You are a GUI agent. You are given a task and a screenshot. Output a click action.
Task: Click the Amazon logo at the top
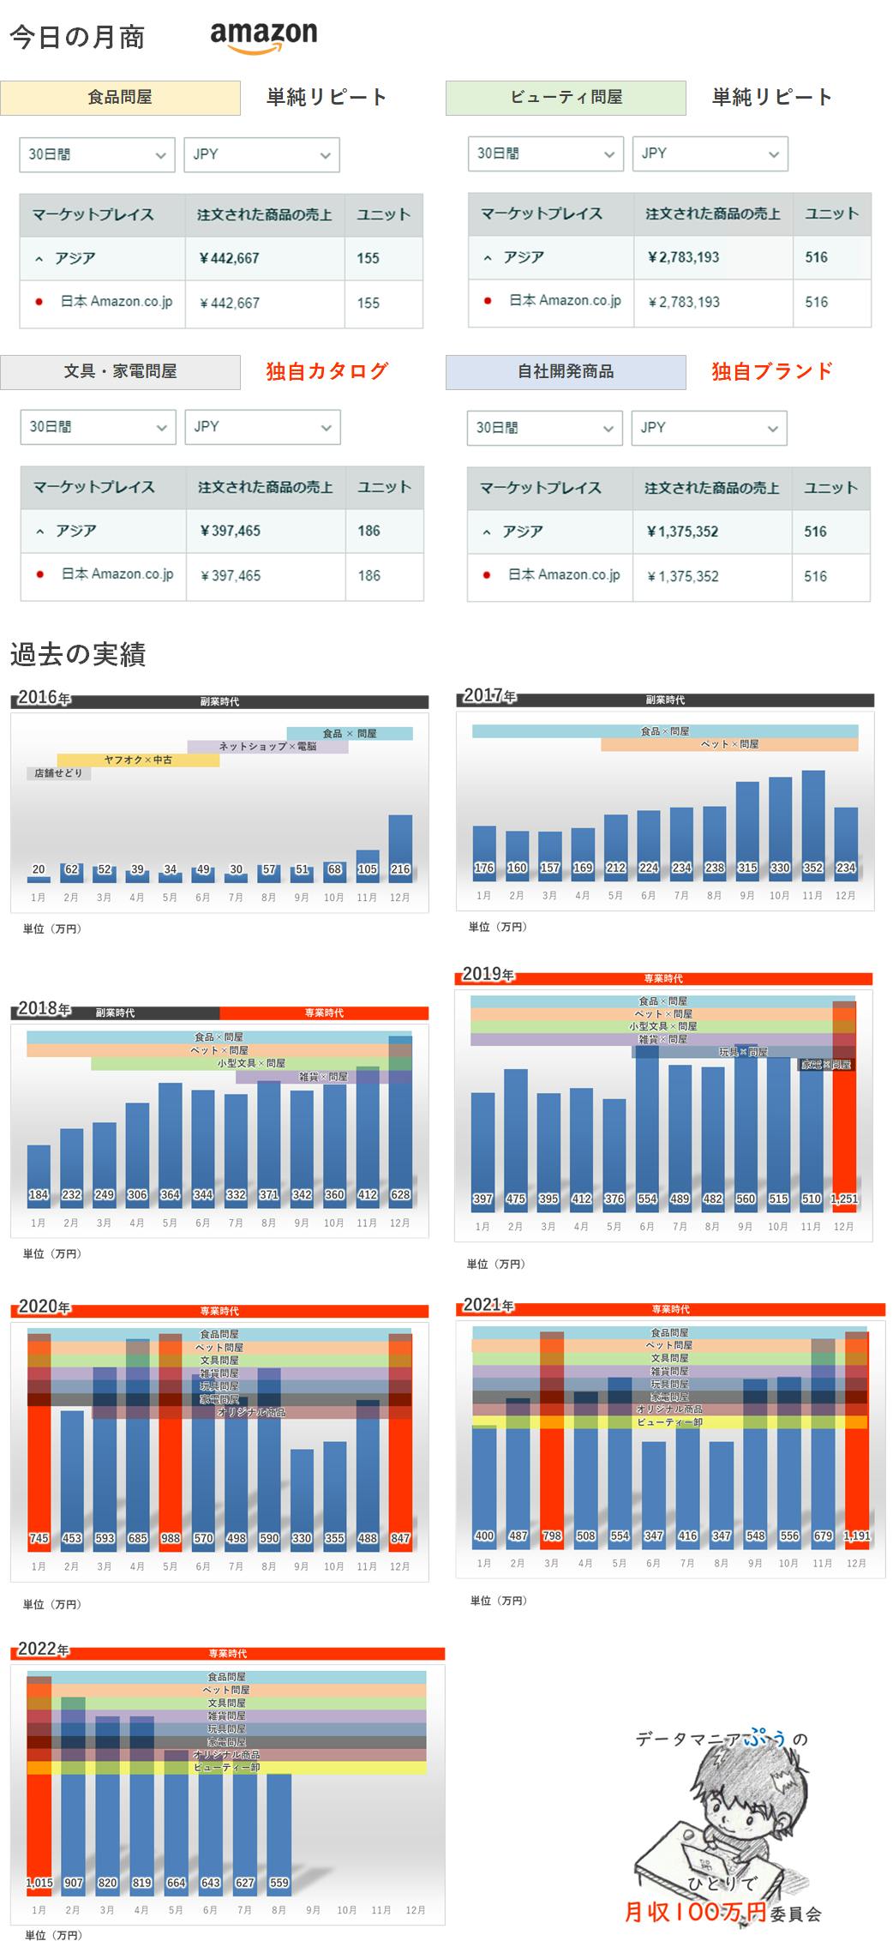[x=263, y=37]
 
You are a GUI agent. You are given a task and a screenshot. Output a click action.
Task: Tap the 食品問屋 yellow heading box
[x=120, y=98]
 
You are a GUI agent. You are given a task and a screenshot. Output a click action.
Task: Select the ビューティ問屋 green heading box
[x=566, y=98]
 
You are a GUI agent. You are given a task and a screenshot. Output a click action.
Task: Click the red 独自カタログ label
[x=327, y=371]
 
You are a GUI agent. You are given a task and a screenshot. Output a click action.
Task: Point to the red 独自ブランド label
[x=771, y=371]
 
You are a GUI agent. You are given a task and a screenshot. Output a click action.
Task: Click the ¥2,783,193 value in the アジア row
[x=683, y=257]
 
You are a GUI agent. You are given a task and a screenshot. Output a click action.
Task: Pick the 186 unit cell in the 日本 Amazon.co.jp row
[x=369, y=575]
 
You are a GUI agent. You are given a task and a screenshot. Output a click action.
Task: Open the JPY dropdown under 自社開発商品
[x=709, y=428]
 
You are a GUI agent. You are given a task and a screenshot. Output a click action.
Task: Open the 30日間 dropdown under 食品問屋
[x=97, y=154]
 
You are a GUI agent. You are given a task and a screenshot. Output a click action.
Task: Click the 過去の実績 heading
[x=78, y=654]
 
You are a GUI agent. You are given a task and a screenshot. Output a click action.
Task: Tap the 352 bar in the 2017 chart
[x=812, y=819]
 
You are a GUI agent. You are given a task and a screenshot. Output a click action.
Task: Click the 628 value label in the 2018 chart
[x=400, y=1194]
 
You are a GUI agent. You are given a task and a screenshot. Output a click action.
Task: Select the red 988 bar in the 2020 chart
[x=170, y=1457]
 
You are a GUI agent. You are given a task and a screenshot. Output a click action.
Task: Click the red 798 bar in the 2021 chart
[x=552, y=1457]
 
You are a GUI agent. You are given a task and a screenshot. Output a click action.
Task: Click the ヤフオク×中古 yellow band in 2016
[x=138, y=760]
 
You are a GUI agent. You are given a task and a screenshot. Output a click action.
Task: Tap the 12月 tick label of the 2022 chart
[x=416, y=1910]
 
